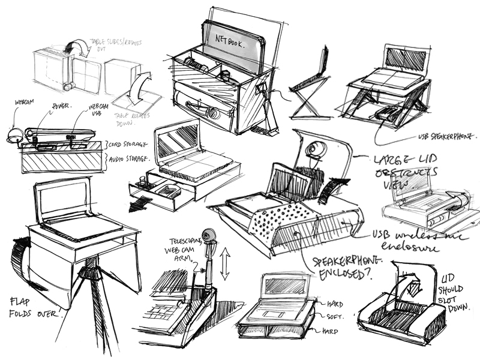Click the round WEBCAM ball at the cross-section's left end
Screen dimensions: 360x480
(13, 136)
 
